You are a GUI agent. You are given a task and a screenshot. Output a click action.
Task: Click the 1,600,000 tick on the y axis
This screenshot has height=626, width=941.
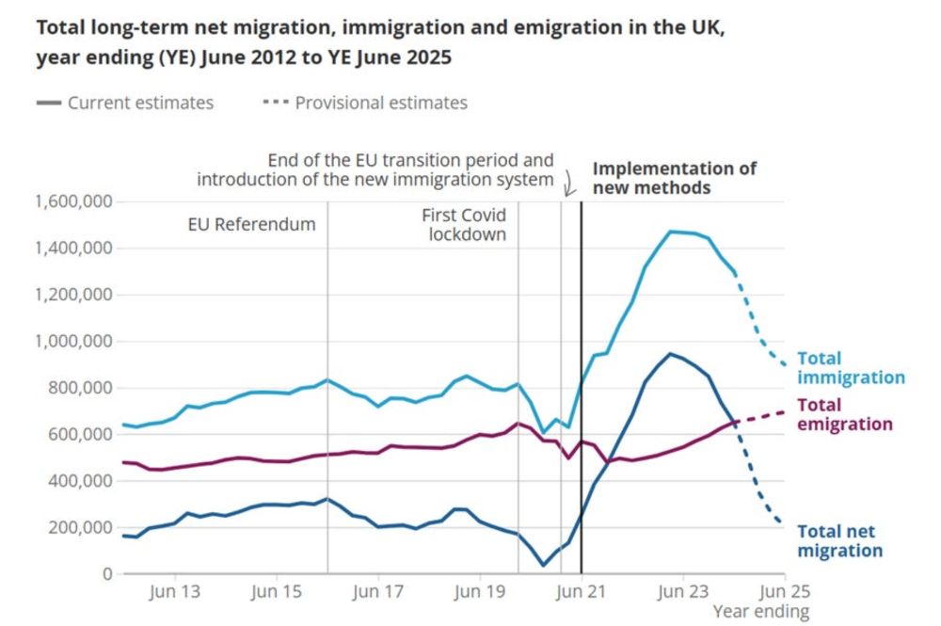click(x=74, y=201)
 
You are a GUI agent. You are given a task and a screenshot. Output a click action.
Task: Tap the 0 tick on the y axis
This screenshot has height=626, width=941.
click(x=106, y=573)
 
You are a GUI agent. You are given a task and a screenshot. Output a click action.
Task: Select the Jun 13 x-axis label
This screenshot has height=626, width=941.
click(x=176, y=592)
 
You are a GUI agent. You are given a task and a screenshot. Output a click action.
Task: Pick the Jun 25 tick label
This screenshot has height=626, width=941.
click(x=785, y=592)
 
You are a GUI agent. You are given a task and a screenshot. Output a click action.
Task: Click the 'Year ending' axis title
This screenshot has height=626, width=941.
click(x=760, y=612)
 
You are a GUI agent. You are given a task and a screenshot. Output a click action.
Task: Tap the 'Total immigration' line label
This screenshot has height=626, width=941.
click(x=851, y=368)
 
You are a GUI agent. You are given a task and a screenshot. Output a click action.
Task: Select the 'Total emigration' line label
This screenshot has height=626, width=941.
click(x=844, y=414)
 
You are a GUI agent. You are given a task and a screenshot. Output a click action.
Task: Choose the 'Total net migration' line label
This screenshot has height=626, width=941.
click(x=839, y=540)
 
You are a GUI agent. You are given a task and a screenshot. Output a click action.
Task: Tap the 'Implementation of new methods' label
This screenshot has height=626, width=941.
click(x=674, y=178)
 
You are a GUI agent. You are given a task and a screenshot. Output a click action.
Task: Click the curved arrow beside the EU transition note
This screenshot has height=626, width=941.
click(x=568, y=181)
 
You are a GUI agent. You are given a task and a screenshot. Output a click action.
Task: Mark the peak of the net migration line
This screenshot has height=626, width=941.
click(x=670, y=354)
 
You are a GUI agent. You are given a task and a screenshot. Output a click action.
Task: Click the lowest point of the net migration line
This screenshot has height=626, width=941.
click(x=543, y=565)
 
